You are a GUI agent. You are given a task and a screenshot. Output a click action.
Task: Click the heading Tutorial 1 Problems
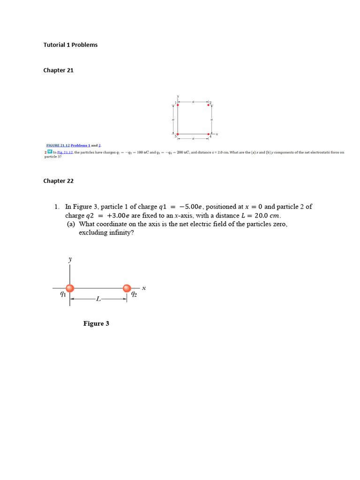pos(70,45)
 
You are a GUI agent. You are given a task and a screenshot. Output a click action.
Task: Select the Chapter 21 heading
pos(59,70)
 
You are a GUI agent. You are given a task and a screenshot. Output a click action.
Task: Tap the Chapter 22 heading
pos(59,181)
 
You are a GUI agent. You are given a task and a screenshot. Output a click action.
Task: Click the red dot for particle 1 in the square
pos(178,105)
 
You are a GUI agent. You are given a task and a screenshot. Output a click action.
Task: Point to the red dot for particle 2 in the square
pos(209,105)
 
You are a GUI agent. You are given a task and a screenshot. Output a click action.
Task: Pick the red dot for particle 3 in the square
pos(178,134)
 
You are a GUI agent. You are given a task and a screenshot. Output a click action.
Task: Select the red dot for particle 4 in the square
pos(209,134)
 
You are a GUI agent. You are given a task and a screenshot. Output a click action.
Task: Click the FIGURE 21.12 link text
pos(58,146)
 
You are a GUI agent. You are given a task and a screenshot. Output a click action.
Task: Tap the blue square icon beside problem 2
pos(49,152)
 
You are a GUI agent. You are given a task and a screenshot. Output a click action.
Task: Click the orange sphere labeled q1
pos(70,288)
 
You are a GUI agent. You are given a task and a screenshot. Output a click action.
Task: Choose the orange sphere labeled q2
pos(127,288)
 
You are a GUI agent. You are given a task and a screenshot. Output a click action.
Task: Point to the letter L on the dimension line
pos(98,299)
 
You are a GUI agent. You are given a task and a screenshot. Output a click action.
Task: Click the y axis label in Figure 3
pos(70,259)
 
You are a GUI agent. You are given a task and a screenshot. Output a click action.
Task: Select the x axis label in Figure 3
pos(144,289)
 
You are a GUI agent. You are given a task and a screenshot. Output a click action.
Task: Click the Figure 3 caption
pos(96,323)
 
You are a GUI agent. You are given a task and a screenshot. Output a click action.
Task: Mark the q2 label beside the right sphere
pos(134,294)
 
